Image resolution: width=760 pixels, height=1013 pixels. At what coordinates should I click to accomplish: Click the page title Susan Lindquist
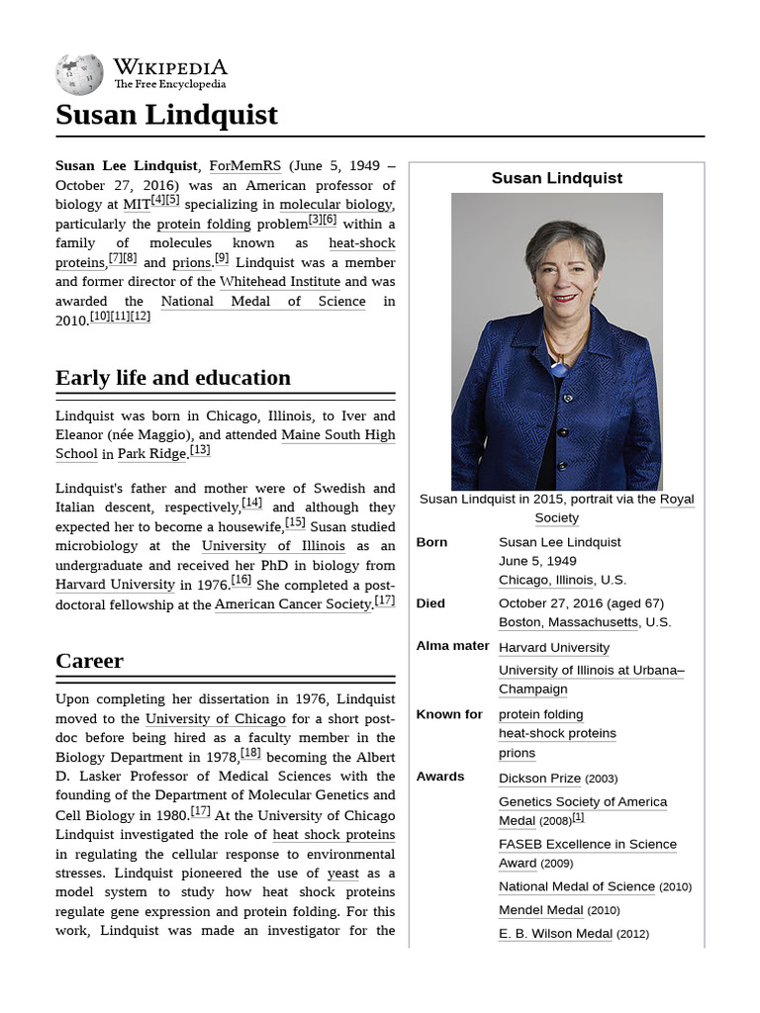[166, 115]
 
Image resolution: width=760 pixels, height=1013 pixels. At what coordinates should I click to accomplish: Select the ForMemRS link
[244, 165]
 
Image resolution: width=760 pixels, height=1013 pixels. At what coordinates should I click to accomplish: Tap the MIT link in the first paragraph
[137, 205]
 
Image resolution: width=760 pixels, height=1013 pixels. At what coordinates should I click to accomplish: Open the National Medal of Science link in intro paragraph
[262, 301]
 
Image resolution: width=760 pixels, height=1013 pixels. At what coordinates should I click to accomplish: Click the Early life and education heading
[173, 377]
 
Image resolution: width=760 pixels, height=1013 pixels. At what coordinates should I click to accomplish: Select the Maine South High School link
[337, 435]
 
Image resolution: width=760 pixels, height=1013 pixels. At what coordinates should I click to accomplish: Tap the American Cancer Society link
[293, 604]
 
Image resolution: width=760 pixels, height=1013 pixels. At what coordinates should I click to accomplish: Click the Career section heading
[89, 660]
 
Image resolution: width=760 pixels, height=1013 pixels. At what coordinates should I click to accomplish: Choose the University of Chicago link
[215, 719]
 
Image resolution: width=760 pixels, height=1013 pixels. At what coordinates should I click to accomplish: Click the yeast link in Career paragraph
[342, 874]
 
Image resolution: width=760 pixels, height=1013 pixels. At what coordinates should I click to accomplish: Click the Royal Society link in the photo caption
[677, 500]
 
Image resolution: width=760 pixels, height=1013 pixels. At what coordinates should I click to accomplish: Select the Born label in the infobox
[431, 542]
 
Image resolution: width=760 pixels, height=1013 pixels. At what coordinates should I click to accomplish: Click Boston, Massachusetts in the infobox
[568, 622]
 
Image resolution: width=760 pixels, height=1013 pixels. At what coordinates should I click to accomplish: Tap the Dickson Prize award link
[539, 779]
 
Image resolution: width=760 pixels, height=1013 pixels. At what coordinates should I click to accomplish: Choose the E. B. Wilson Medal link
[554, 933]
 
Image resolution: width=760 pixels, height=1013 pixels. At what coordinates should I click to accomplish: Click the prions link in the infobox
[517, 753]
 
